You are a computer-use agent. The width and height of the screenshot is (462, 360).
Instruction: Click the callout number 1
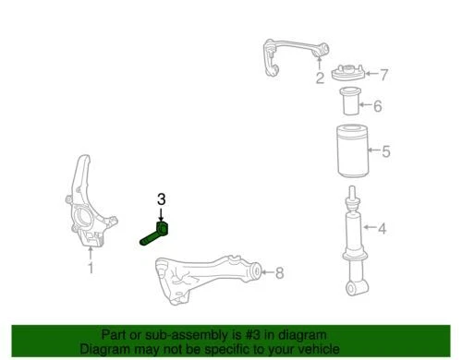point(91,269)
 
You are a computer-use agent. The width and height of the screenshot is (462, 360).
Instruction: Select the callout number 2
point(319,78)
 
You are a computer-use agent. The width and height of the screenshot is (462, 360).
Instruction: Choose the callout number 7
point(385,74)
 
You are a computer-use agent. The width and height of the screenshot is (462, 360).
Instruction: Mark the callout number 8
point(280,271)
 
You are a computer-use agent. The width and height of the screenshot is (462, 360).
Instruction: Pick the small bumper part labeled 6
point(353,104)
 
